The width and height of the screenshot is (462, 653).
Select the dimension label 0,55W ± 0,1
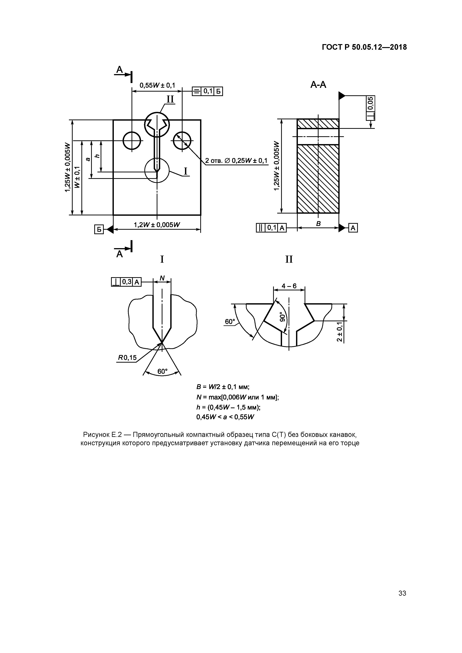click(157, 85)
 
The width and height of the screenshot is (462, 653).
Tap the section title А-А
click(318, 85)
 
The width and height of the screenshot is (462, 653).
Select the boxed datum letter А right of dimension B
click(353, 228)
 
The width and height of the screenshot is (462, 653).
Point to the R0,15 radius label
click(127, 358)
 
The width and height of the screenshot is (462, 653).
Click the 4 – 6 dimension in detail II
click(289, 286)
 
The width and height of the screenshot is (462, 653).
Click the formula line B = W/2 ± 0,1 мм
click(223, 387)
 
